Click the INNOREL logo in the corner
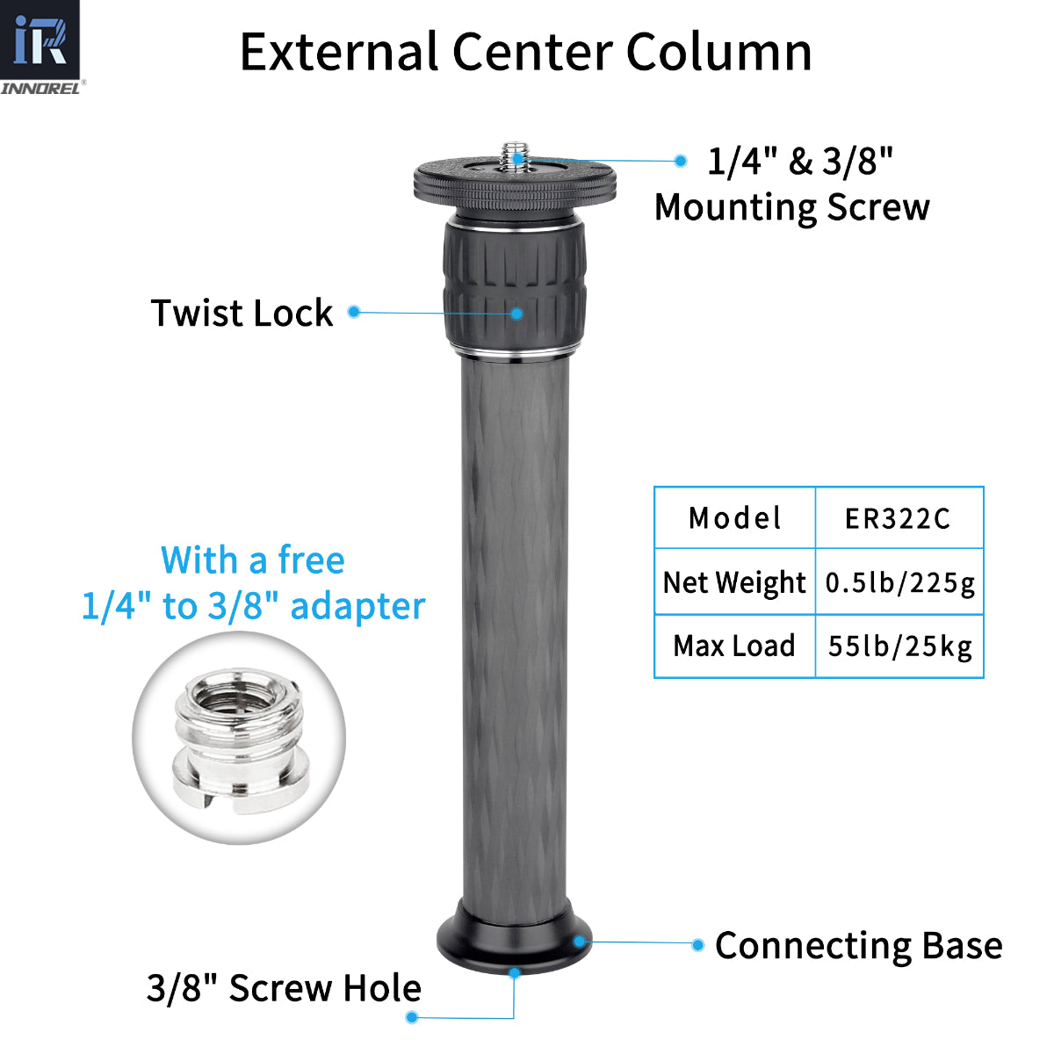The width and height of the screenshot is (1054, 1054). tap(40, 47)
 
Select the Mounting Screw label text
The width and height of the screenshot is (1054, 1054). tap(791, 208)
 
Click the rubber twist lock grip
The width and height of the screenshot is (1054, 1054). tap(515, 285)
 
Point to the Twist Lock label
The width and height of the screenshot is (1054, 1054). tap(242, 313)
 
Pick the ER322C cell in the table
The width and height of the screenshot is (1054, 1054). tap(898, 518)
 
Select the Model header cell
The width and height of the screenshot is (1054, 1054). tap(734, 518)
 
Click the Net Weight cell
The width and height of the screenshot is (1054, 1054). tap(734, 582)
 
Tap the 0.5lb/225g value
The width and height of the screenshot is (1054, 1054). tap(899, 582)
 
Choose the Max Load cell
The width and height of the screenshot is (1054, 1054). tap(734, 646)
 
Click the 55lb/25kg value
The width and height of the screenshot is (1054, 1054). tap(899, 646)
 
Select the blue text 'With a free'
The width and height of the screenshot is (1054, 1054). tap(253, 560)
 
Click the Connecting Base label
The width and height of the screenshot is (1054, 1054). tap(858, 946)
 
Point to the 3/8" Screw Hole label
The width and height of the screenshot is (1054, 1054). tap(284, 988)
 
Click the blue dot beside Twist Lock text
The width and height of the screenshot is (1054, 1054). tap(354, 312)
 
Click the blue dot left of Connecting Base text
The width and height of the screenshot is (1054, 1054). tap(697, 945)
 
